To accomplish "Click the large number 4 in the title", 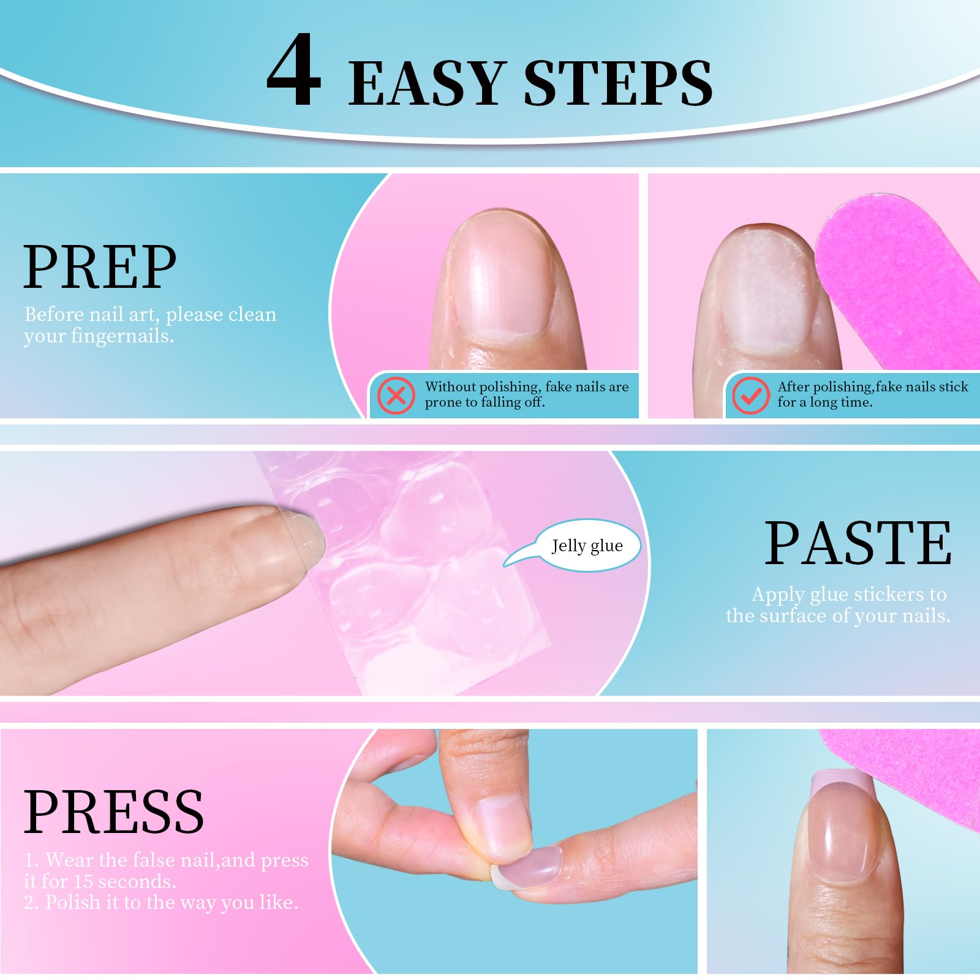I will coord(294,70).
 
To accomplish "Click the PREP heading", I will coord(100,267).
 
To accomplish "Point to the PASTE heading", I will coord(858,543).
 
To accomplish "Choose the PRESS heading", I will coord(114,812).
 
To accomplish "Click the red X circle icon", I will coord(396,395).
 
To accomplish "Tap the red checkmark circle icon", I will coord(750,395).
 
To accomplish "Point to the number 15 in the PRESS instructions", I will coord(83,881).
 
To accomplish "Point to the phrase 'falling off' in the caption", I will coord(512,402).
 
